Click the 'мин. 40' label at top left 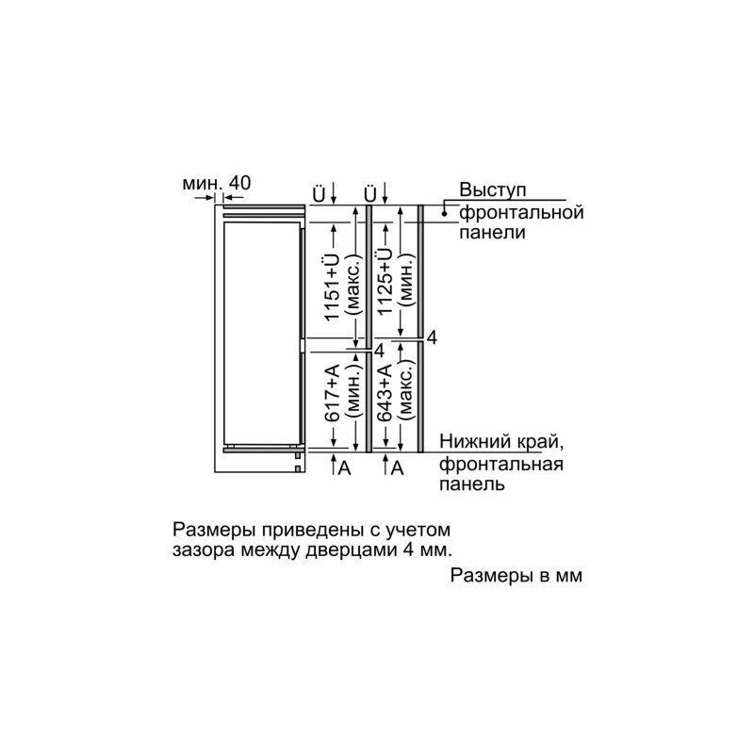pyautogui.click(x=217, y=183)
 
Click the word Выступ pyautogui.click(x=491, y=190)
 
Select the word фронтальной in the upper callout pyautogui.click(x=521, y=212)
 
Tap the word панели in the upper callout pyautogui.click(x=492, y=233)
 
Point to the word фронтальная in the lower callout pyautogui.click(x=500, y=464)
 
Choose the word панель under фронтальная pyautogui.click(x=471, y=484)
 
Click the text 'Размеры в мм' pyautogui.click(x=516, y=575)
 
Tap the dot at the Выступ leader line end pyautogui.click(x=444, y=214)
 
